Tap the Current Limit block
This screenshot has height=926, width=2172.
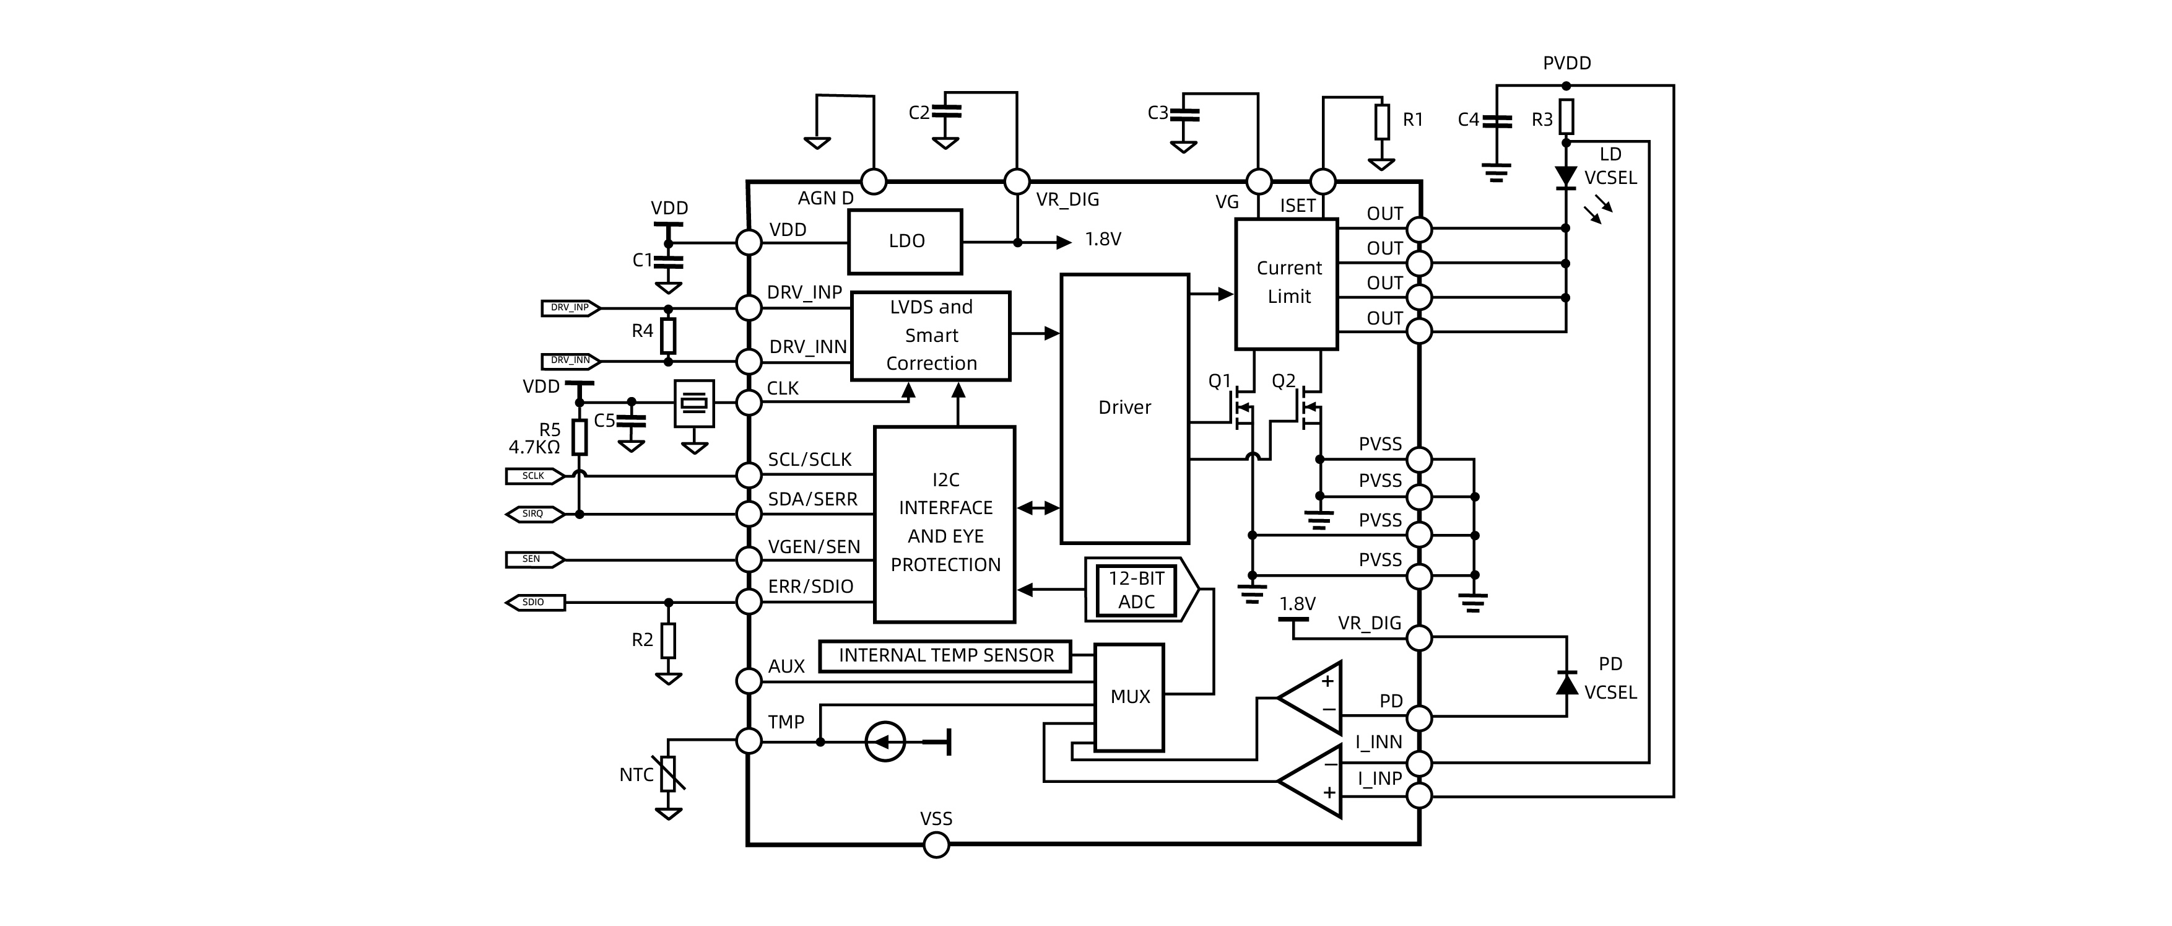(x=1287, y=283)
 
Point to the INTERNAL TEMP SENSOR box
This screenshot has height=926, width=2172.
(x=945, y=656)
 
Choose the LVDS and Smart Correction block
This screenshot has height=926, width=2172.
(x=931, y=336)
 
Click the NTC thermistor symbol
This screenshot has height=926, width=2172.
(x=668, y=774)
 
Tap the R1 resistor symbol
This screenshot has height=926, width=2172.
(x=1382, y=121)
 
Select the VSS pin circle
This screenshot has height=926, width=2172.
(x=936, y=844)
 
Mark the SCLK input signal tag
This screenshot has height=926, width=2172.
(x=534, y=476)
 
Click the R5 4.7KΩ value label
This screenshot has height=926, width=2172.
(x=534, y=448)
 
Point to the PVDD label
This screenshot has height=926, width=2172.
(x=1566, y=63)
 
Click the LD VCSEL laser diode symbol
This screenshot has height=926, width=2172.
(x=1566, y=177)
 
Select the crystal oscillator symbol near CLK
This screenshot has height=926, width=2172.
(x=694, y=404)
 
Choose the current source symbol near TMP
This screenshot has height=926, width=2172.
(x=885, y=742)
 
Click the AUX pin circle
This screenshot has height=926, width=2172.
(x=749, y=681)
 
